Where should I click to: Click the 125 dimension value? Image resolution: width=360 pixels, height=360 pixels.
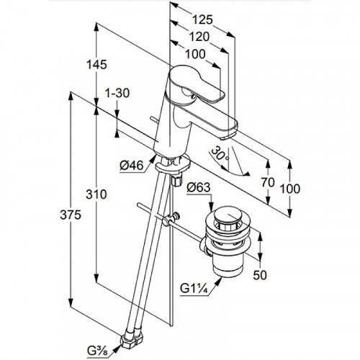tap(203, 19)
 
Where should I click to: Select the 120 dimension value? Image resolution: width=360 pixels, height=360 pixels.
tap(199, 37)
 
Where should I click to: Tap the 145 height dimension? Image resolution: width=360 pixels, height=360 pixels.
tap(96, 65)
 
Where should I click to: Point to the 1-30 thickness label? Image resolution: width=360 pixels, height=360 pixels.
tap(117, 93)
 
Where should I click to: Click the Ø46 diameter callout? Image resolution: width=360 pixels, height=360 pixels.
tap(132, 166)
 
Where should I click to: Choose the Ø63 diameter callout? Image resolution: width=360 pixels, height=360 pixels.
tap(199, 187)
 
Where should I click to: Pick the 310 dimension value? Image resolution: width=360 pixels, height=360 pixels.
tap(96, 194)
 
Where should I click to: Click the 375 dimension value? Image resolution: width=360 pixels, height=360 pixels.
tap(71, 215)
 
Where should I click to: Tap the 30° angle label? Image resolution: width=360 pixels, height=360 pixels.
tap(220, 154)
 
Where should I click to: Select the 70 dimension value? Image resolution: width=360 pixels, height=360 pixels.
tap(268, 182)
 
